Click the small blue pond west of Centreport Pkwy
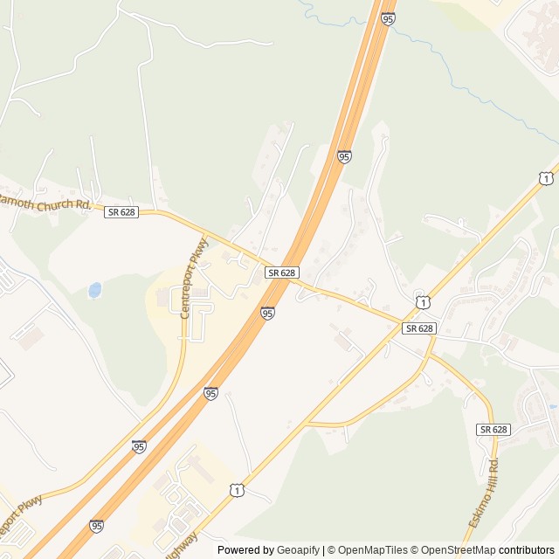click(x=94, y=289)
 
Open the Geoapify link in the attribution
click(x=299, y=550)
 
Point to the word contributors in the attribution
click(x=527, y=550)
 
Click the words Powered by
click(x=245, y=550)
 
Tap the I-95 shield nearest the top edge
click(x=388, y=17)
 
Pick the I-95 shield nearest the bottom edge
click(x=96, y=526)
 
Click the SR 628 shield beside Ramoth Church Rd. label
click(x=121, y=212)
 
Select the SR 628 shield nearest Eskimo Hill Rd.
click(x=493, y=429)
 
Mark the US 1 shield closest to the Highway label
click(x=238, y=493)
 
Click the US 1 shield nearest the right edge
click(x=546, y=178)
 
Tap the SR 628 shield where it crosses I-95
click(x=283, y=273)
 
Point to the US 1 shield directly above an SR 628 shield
click(x=423, y=302)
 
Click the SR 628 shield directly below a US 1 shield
click(x=419, y=328)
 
